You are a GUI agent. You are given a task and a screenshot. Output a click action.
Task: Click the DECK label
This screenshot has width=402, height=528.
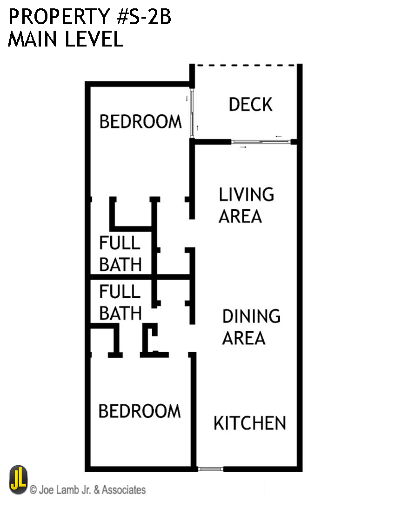pyautogui.click(x=250, y=105)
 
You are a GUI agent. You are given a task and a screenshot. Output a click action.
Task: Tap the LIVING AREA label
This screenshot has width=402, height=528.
pyautogui.click(x=246, y=205)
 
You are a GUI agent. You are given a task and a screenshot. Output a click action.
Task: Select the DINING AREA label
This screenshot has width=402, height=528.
pyautogui.click(x=251, y=327)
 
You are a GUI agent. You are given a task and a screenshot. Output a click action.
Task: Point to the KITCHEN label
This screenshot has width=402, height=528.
pyautogui.click(x=249, y=423)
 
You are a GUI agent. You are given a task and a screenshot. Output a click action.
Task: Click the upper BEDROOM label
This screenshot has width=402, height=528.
pyautogui.click(x=141, y=122)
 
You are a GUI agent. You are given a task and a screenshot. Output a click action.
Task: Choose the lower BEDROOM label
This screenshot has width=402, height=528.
pyautogui.click(x=140, y=411)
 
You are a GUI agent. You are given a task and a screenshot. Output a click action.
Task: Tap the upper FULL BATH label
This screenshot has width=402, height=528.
pyautogui.click(x=120, y=254)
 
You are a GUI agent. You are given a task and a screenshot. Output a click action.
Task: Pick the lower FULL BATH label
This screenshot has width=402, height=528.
pyautogui.click(x=120, y=303)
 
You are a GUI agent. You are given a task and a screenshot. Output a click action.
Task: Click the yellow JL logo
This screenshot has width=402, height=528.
pyautogui.click(x=18, y=481)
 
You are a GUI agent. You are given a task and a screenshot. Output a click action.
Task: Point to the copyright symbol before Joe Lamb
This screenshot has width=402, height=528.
pyautogui.click(x=33, y=490)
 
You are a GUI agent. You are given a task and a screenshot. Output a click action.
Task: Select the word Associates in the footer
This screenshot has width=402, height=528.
pyautogui.click(x=124, y=490)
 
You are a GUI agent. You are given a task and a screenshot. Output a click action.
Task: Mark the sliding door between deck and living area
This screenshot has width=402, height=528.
pyautogui.click(x=261, y=141)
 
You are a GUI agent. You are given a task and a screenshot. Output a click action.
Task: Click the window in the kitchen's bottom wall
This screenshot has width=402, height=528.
pyautogui.click(x=210, y=469)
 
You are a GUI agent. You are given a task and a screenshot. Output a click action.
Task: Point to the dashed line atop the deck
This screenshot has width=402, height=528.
pyautogui.click(x=246, y=66)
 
